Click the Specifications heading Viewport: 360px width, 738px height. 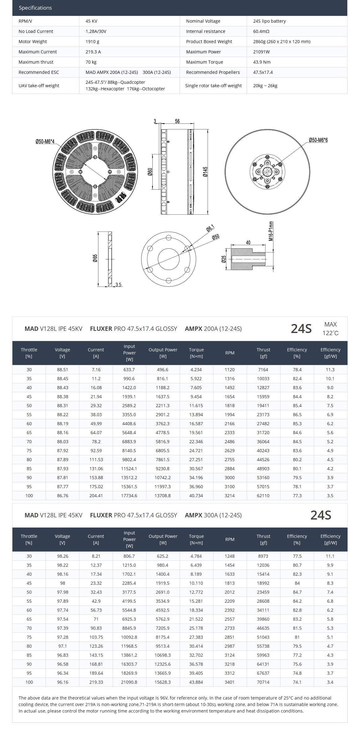(x=35, y=8)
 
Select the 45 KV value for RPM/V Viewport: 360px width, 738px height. (x=91, y=21)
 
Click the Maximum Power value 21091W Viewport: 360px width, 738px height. (x=261, y=52)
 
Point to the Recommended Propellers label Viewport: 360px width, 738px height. (x=213, y=72)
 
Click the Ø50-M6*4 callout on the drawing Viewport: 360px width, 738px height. (x=45, y=142)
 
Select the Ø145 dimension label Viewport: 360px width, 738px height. (x=205, y=172)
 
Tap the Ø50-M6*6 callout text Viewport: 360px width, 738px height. (x=318, y=140)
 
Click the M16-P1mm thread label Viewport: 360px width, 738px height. (x=271, y=231)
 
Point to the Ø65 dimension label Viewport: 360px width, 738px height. (x=95, y=258)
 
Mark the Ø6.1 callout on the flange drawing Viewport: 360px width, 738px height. (x=210, y=229)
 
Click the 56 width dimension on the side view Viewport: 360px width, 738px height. (x=177, y=121)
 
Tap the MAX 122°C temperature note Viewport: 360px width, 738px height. (x=330, y=329)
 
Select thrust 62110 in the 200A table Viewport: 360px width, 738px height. (x=263, y=496)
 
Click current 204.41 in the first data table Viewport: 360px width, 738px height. (x=96, y=496)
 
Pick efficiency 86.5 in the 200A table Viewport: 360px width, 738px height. (x=297, y=415)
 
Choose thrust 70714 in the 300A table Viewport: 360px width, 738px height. (x=263, y=682)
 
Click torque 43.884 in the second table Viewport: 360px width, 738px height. (x=196, y=682)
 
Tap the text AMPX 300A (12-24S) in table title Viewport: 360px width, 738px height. (x=213, y=515)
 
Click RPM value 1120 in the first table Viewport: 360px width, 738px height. (x=230, y=370)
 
